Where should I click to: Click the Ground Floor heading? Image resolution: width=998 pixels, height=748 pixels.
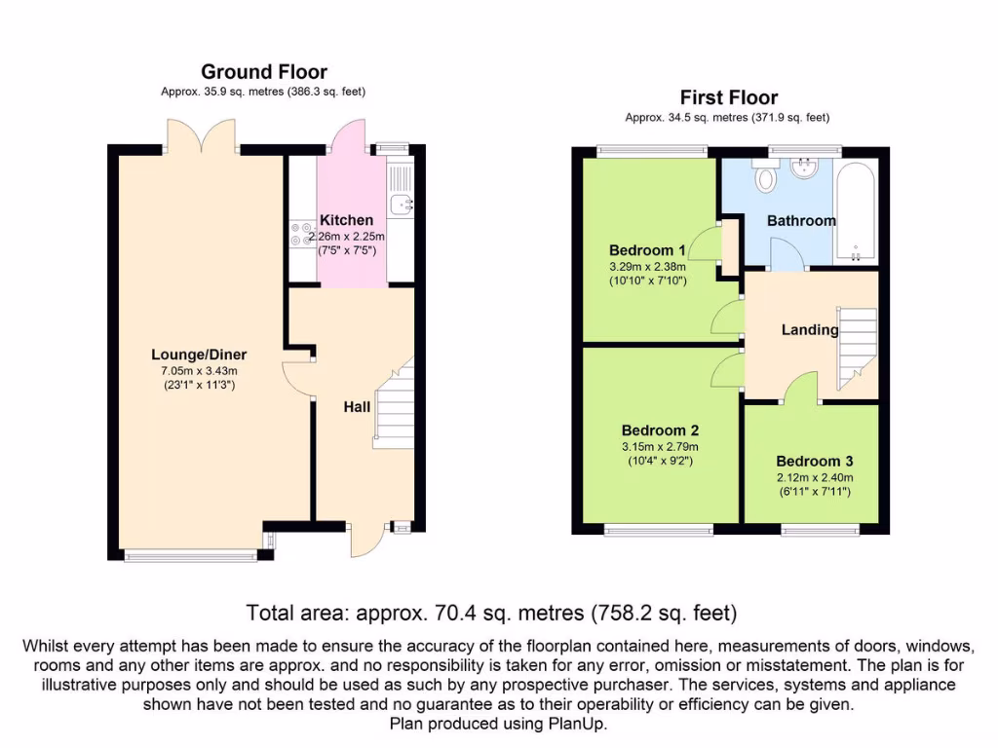pyautogui.click(x=264, y=72)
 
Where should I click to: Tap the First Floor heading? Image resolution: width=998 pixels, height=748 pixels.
pyautogui.click(x=729, y=97)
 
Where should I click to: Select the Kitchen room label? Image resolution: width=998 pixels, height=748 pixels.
pyautogui.click(x=346, y=220)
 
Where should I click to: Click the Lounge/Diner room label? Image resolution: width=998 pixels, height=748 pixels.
pyautogui.click(x=199, y=355)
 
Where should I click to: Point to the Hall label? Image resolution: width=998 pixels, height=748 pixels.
pyautogui.click(x=357, y=407)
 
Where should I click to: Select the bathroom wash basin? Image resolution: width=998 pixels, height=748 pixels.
pyautogui.click(x=805, y=168)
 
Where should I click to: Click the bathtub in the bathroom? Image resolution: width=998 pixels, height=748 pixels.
pyautogui.click(x=856, y=211)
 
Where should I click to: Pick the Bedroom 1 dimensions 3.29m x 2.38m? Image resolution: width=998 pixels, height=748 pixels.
pyautogui.click(x=648, y=267)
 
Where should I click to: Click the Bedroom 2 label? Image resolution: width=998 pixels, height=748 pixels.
pyautogui.click(x=660, y=430)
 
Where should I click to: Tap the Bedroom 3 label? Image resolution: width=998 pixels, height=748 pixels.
pyautogui.click(x=815, y=461)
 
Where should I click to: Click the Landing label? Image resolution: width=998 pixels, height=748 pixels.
pyautogui.click(x=810, y=329)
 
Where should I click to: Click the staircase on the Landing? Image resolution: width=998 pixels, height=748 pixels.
pyautogui.click(x=858, y=348)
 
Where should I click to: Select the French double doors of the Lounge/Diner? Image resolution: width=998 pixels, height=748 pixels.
pyautogui.click(x=202, y=136)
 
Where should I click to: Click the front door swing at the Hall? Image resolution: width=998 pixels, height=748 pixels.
pyautogui.click(x=367, y=540)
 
